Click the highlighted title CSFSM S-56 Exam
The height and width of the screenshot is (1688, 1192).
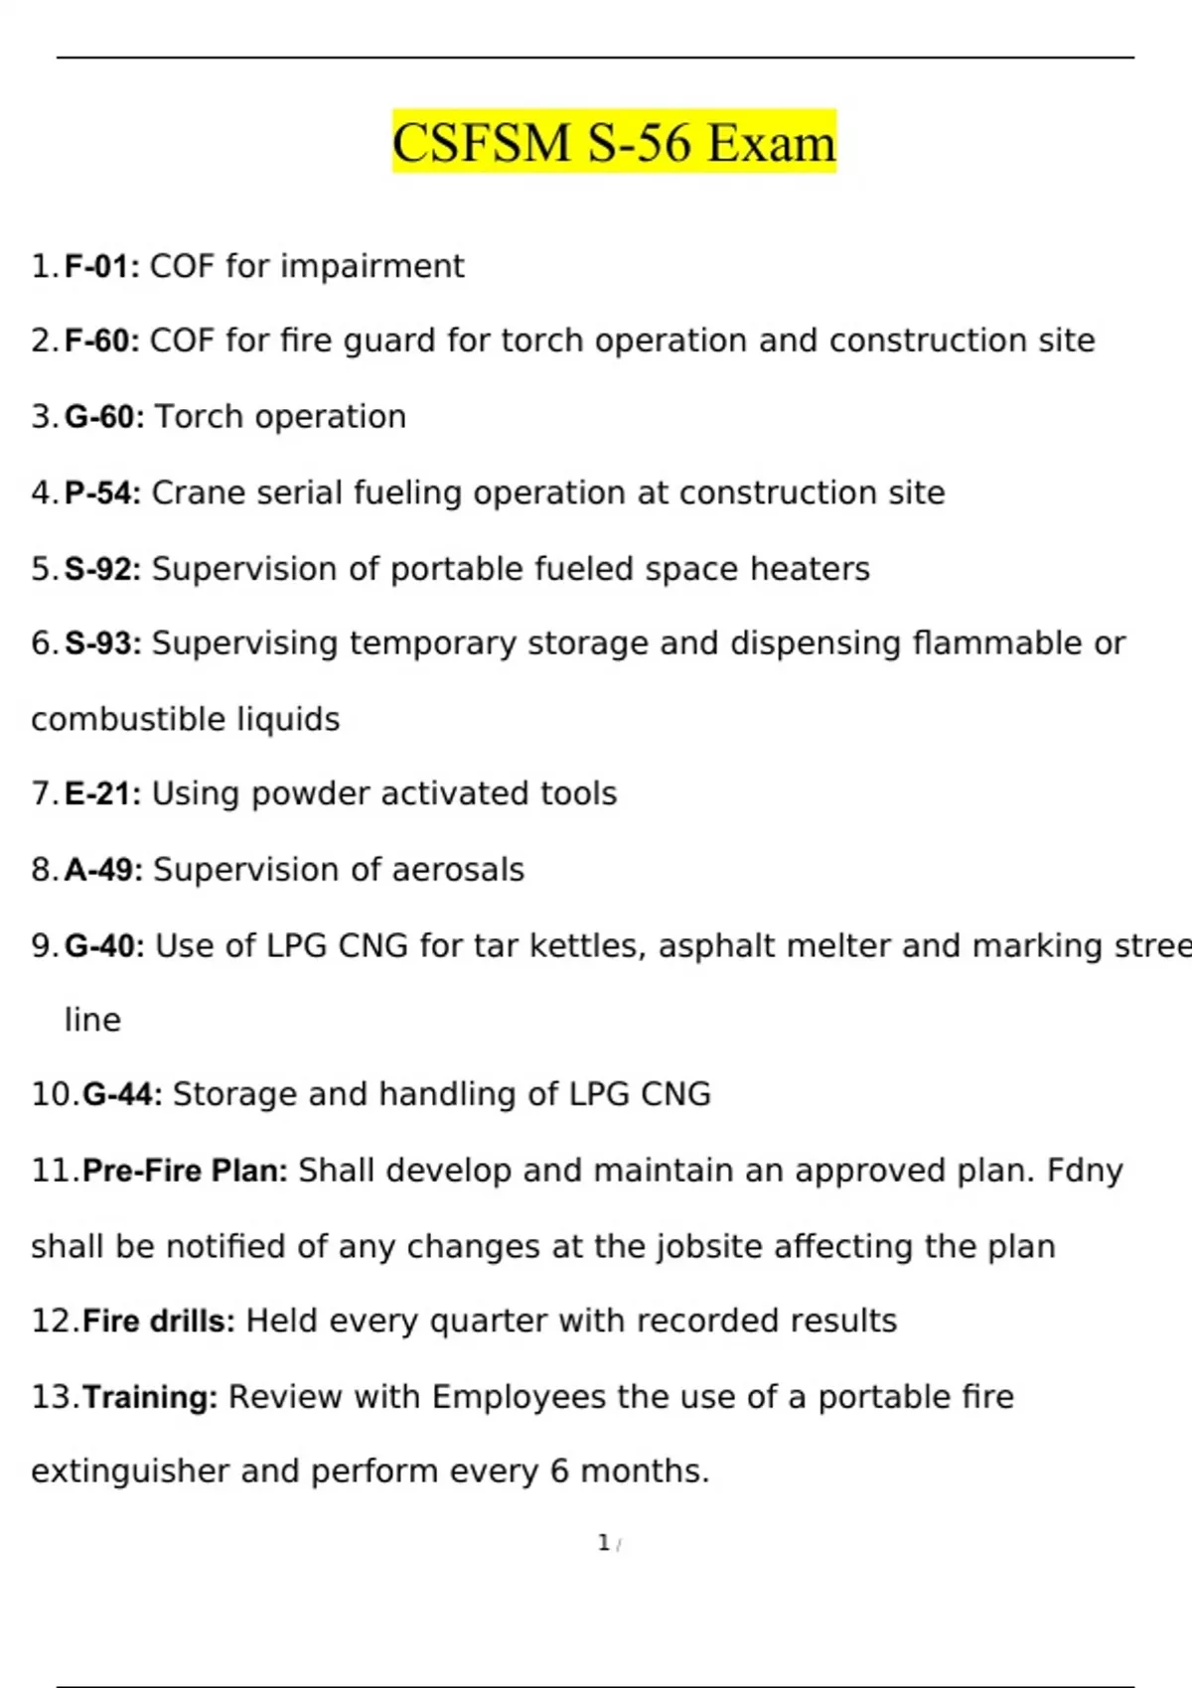pos(614,142)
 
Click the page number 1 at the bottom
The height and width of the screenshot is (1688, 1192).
pos(603,1543)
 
